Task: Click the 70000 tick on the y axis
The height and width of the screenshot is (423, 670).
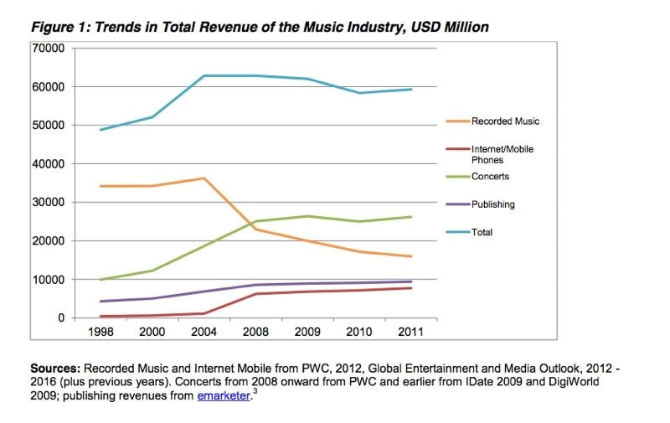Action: click(x=49, y=48)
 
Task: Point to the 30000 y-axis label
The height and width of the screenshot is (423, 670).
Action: click(x=49, y=202)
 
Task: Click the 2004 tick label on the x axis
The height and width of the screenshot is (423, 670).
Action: click(x=204, y=332)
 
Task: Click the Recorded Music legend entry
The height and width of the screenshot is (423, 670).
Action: click(x=505, y=121)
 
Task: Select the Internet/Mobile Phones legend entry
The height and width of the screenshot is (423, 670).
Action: click(x=502, y=154)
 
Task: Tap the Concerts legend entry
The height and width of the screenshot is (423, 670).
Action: click(x=490, y=177)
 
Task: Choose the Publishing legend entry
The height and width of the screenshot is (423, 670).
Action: click(x=492, y=204)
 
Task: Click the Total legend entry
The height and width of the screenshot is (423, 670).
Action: click(x=482, y=232)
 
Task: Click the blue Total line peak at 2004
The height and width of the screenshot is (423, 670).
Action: click(x=204, y=76)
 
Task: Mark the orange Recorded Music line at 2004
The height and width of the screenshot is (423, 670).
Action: click(x=204, y=178)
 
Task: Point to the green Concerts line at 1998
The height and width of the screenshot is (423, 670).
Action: click(x=100, y=279)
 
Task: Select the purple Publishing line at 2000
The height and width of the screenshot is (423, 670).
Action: click(x=152, y=298)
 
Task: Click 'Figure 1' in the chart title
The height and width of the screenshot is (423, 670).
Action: click(x=60, y=28)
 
